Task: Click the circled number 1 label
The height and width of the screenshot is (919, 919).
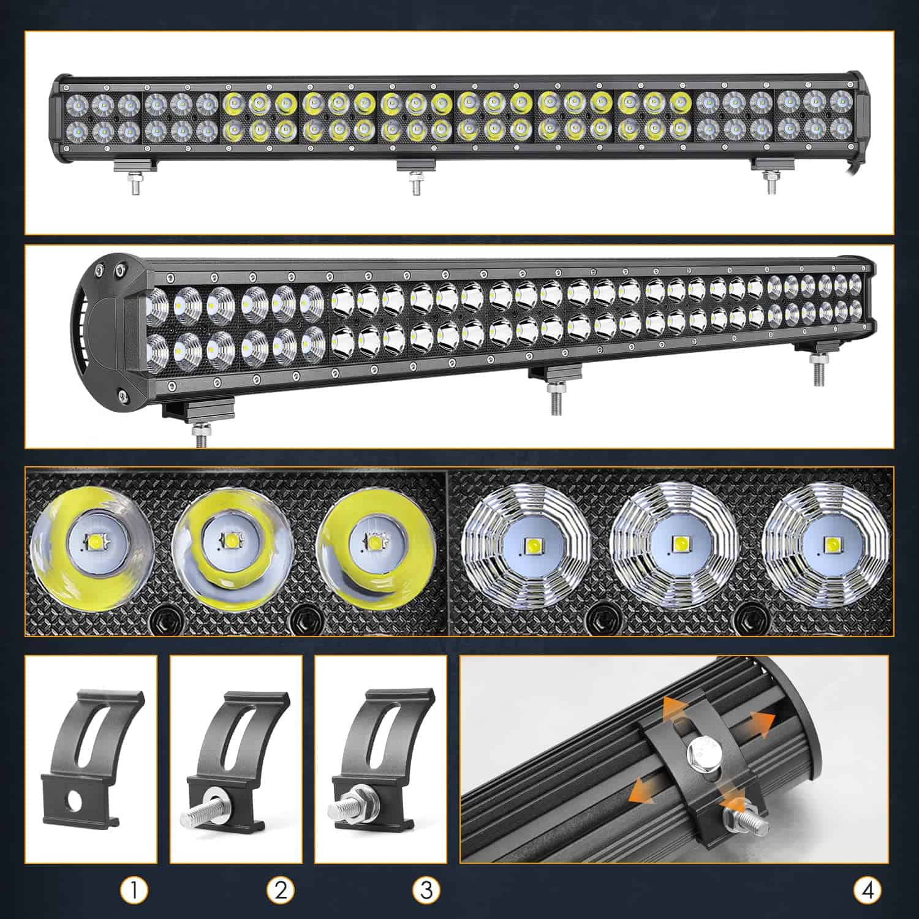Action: [x=134, y=890]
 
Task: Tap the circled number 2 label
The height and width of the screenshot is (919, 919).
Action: [x=280, y=890]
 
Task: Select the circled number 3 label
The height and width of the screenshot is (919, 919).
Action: [x=426, y=890]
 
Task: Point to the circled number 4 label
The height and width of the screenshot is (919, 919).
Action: [x=868, y=890]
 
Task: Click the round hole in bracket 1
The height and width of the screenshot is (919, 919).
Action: [x=74, y=801]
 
